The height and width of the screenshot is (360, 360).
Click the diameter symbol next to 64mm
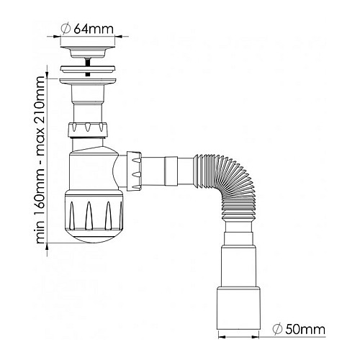click(66, 29)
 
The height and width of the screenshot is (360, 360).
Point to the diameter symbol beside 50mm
click(278, 329)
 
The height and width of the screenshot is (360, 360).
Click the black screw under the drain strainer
click(88, 67)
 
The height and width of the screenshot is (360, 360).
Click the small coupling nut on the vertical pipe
click(88, 130)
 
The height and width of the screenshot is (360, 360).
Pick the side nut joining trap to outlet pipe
click(134, 171)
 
